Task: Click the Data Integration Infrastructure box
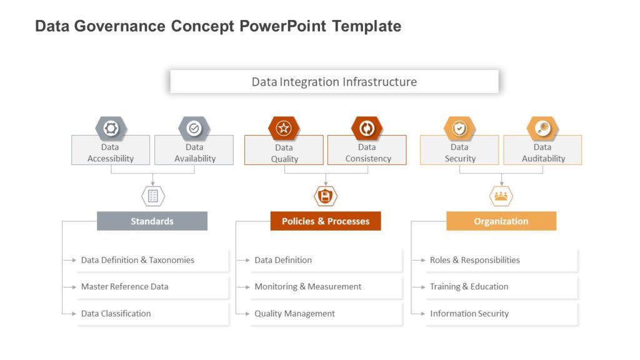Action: pyautogui.click(x=334, y=82)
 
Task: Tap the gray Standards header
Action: pyautogui.click(x=152, y=221)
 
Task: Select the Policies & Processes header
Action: pyautogui.click(x=325, y=221)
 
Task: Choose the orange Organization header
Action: pyautogui.click(x=501, y=221)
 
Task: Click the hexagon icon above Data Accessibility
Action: pyautogui.click(x=111, y=128)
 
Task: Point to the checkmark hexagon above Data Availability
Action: pyautogui.click(x=194, y=128)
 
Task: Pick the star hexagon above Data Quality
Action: pyautogui.click(x=284, y=128)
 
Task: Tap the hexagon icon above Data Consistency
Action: pyautogui.click(x=367, y=128)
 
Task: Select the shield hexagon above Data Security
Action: pyautogui.click(x=459, y=128)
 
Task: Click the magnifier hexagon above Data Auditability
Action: pyautogui.click(x=542, y=128)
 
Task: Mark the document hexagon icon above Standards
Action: pyautogui.click(x=153, y=196)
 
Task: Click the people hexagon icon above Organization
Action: pyautogui.click(x=501, y=196)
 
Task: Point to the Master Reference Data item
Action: pyautogui.click(x=124, y=287)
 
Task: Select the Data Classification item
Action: pyautogui.click(x=116, y=314)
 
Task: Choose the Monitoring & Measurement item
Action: pyautogui.click(x=307, y=287)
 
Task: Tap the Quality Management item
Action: pyautogui.click(x=294, y=314)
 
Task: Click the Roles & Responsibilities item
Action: pyautogui.click(x=474, y=260)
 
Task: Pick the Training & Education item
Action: pyautogui.click(x=469, y=287)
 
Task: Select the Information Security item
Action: pyautogui.click(x=469, y=314)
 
